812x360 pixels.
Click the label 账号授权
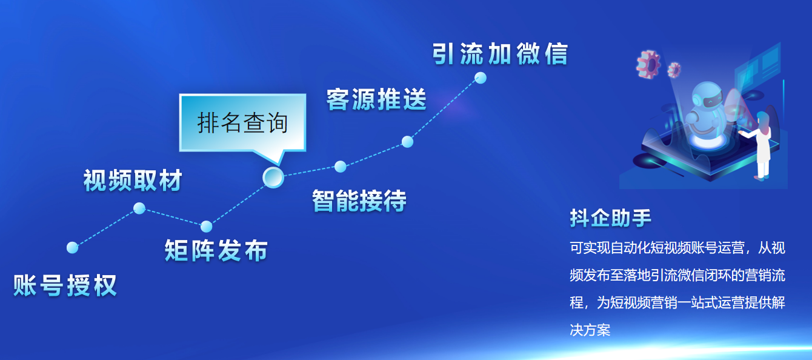coord(65,285)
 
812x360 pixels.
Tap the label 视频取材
coord(133,180)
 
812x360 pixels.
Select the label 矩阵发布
coord(216,250)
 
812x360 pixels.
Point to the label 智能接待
coord(359,201)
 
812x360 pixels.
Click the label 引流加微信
coord(501,55)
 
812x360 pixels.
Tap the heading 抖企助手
coord(610,218)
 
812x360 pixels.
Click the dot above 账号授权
coord(73,248)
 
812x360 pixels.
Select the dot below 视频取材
coord(139,208)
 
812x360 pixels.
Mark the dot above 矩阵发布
coord(206,227)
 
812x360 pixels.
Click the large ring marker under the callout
coord(273,178)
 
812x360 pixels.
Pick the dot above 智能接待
coord(341,167)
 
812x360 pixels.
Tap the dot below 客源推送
coord(407,142)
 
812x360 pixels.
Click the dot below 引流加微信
coord(481,78)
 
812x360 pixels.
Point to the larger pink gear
coord(648,64)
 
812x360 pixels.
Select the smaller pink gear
coord(674,70)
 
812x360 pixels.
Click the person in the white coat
coord(760,145)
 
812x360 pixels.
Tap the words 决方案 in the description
coord(590,330)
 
